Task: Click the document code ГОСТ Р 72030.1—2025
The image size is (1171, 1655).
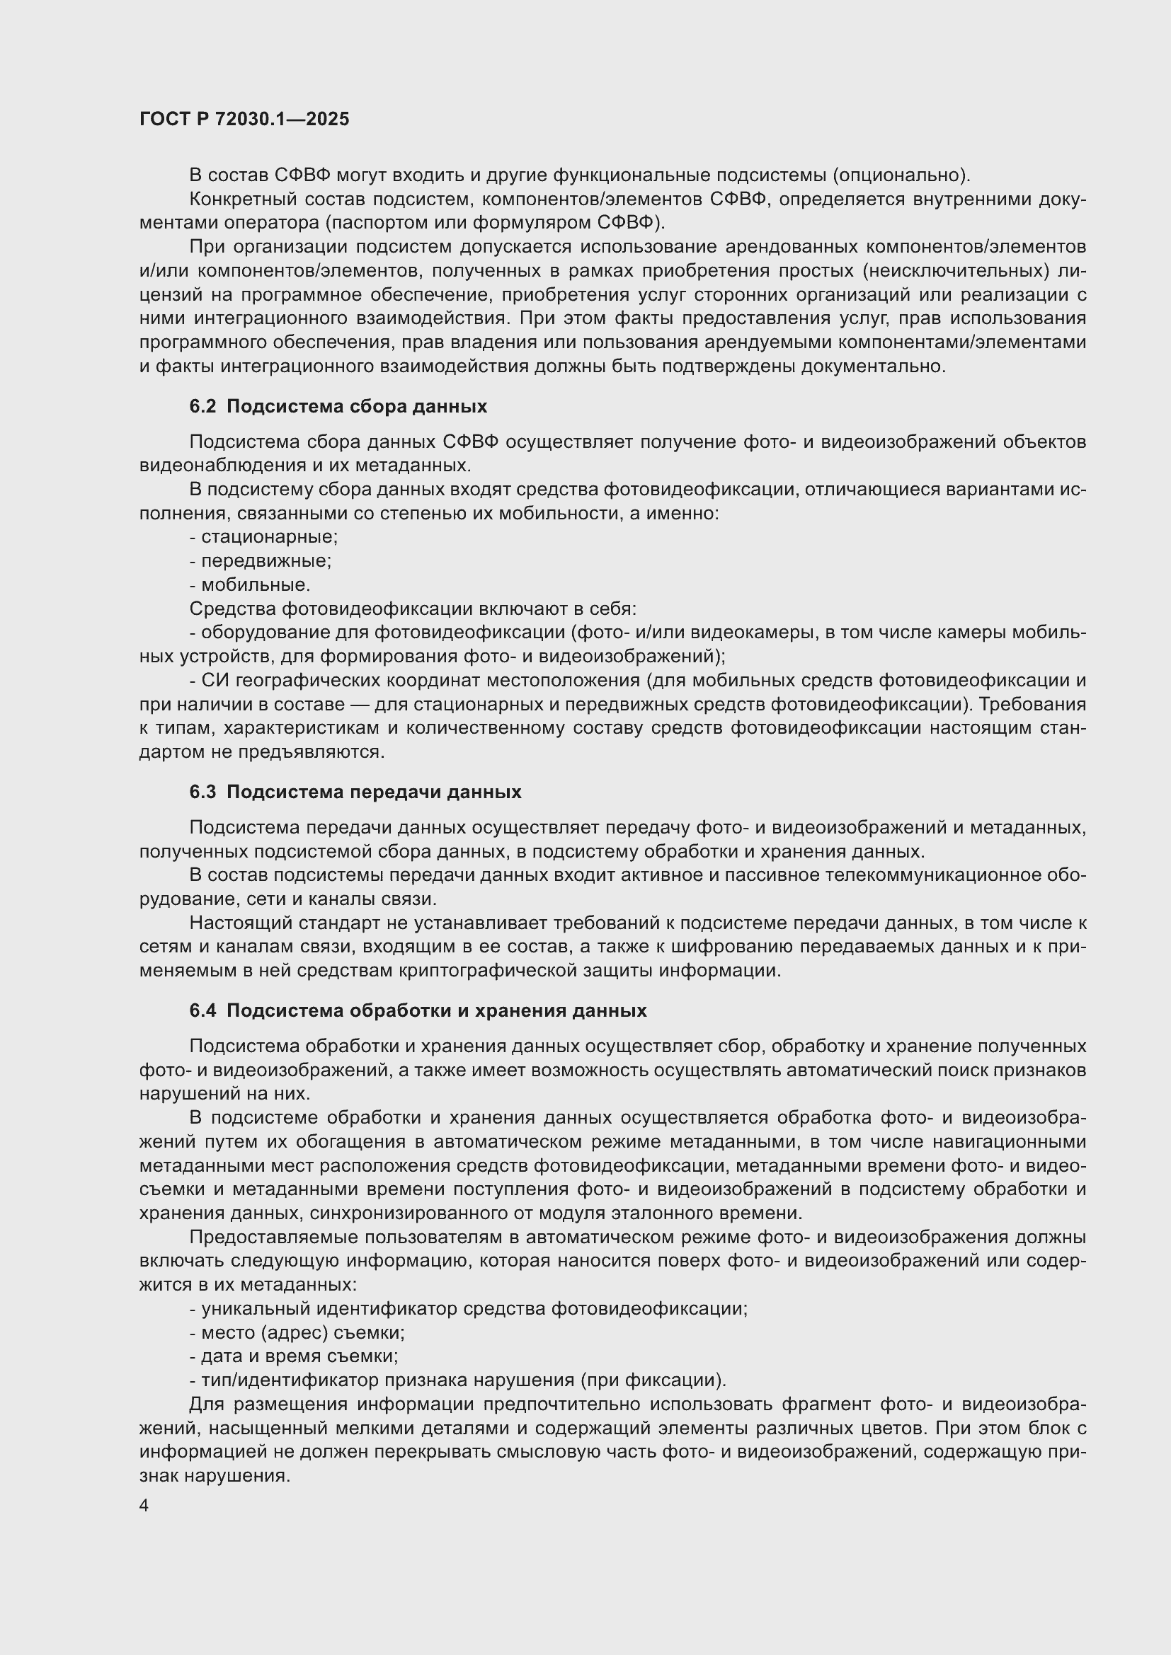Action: pos(244,119)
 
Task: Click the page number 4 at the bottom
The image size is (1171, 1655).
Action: pos(144,1505)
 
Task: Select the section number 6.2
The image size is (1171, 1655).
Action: pos(202,407)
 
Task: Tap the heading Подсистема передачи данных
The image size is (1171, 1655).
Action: pos(374,792)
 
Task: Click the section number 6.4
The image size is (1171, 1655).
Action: pos(202,1010)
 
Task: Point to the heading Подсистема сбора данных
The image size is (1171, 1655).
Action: pos(356,407)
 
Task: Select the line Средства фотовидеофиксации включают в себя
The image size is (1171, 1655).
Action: pos(413,609)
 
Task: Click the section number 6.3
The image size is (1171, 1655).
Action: pos(202,792)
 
